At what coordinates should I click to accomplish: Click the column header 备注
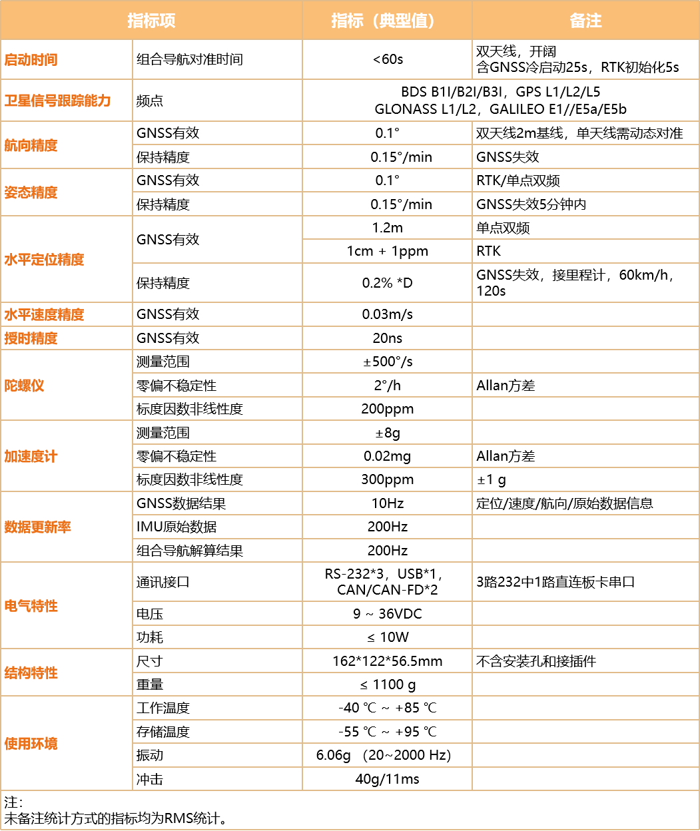click(x=585, y=20)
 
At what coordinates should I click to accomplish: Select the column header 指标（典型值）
click(x=383, y=20)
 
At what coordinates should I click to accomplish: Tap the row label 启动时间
click(x=31, y=60)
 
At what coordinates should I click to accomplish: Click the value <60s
click(x=388, y=59)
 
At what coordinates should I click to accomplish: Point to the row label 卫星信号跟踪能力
click(x=57, y=101)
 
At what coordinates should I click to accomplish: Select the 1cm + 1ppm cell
click(x=387, y=251)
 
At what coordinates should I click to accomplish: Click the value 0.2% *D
click(x=387, y=283)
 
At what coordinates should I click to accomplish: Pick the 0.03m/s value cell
click(x=387, y=314)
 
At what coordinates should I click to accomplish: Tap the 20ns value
click(x=387, y=338)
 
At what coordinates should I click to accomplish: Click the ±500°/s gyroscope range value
click(x=387, y=362)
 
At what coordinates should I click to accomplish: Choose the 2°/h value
click(x=387, y=386)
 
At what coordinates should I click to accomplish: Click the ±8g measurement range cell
click(x=387, y=433)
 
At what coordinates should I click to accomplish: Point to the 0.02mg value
click(x=387, y=456)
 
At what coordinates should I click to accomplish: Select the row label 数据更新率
click(x=37, y=527)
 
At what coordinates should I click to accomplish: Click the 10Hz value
click(x=387, y=503)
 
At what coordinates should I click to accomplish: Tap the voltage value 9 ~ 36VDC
click(x=387, y=614)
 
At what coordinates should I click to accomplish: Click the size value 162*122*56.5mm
click(x=387, y=661)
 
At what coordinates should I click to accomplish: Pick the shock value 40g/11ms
click(x=387, y=779)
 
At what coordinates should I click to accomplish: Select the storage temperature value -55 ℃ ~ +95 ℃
click(x=387, y=732)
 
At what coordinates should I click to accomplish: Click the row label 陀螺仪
click(x=24, y=386)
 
